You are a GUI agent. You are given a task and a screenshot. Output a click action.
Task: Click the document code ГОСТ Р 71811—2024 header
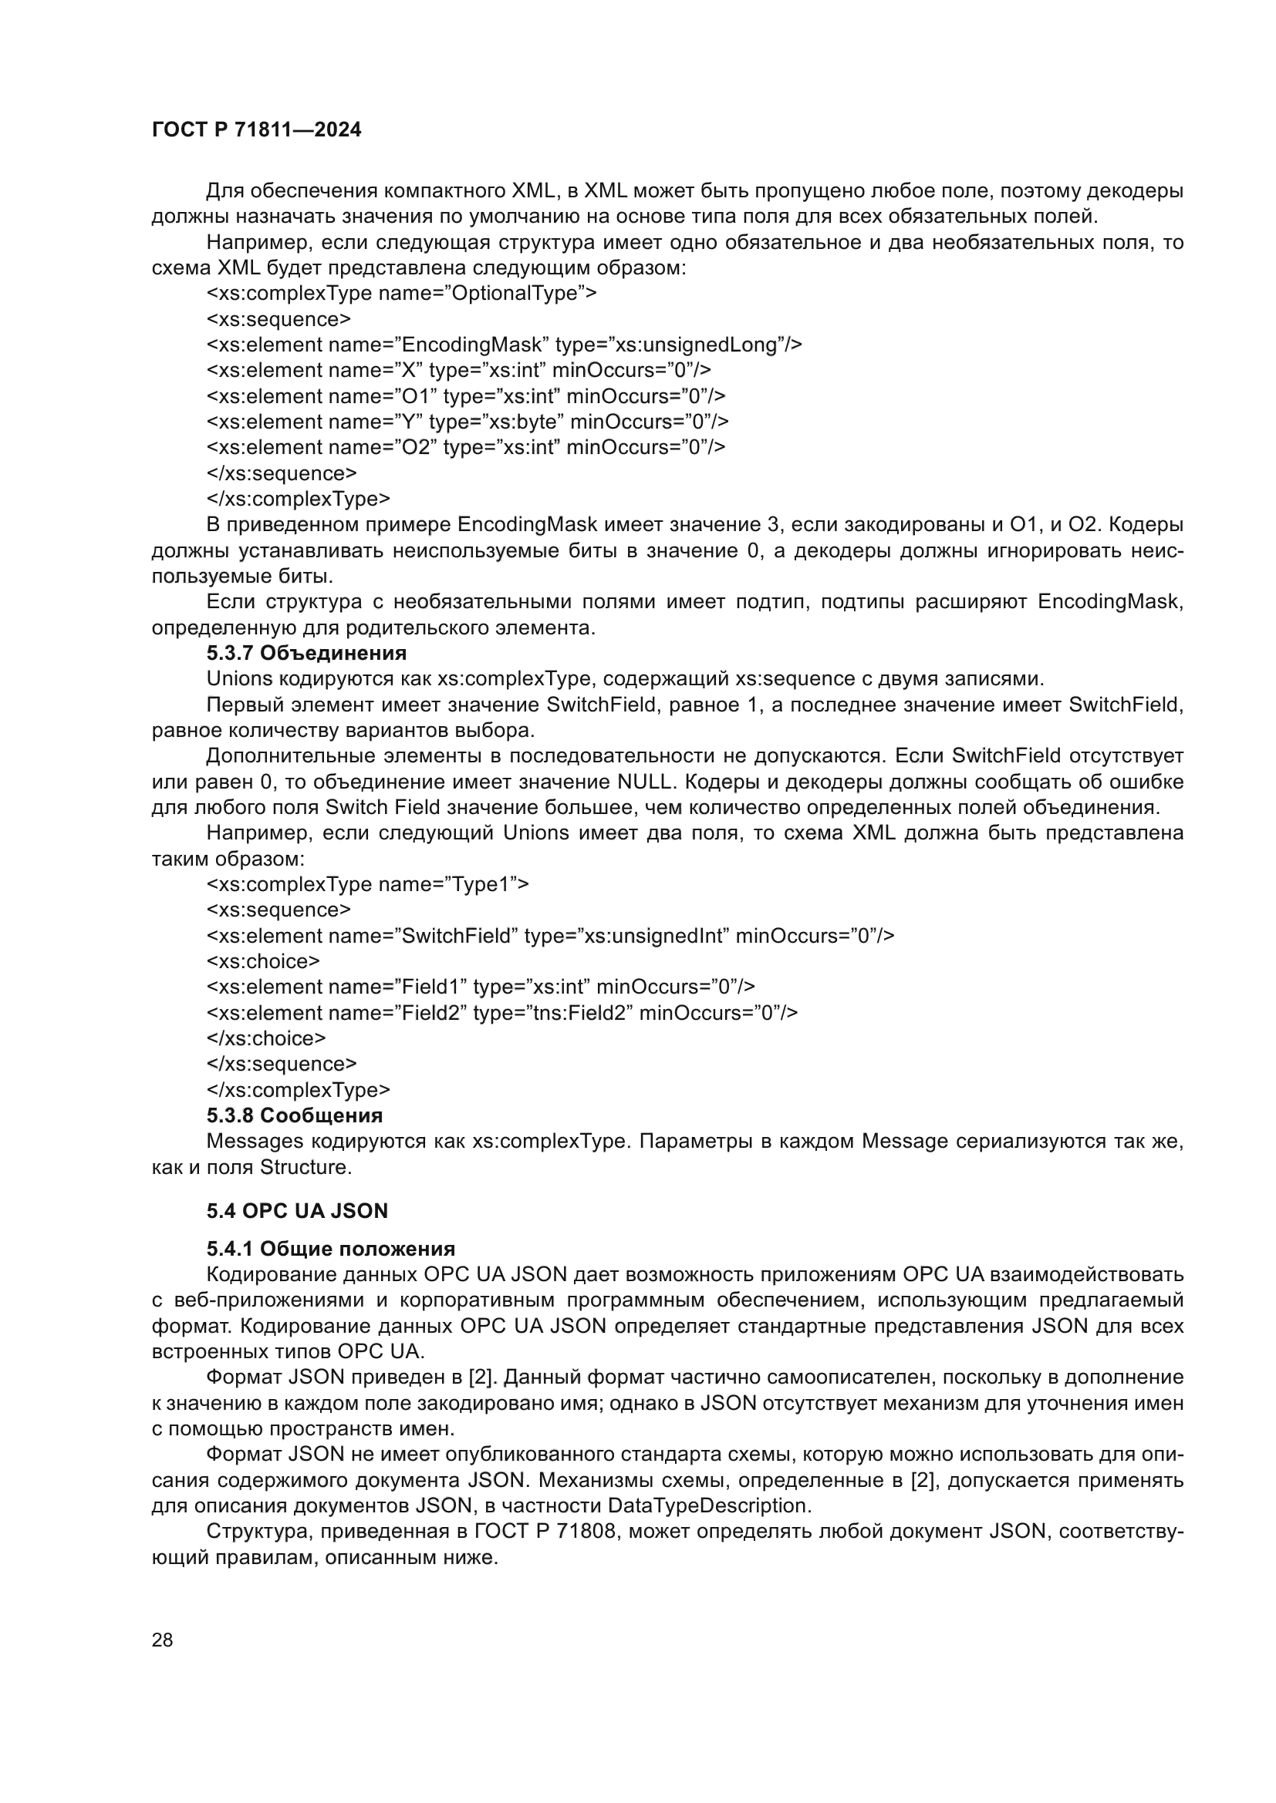[x=256, y=130]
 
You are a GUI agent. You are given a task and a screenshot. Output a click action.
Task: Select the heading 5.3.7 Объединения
[x=306, y=653]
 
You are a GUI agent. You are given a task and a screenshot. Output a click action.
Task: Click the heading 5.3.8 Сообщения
[x=295, y=1115]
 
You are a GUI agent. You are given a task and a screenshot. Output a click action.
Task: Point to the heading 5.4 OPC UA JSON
[x=297, y=1211]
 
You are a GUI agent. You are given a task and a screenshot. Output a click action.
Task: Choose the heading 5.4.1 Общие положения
[x=331, y=1250]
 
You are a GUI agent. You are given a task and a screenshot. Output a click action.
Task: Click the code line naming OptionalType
[x=401, y=294]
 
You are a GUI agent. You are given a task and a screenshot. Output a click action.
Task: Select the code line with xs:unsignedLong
[x=504, y=345]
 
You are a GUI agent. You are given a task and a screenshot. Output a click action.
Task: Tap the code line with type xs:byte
[x=468, y=422]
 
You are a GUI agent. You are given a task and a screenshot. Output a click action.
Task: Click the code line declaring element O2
[x=466, y=448]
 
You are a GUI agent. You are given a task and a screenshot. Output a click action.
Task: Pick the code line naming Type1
[x=368, y=884]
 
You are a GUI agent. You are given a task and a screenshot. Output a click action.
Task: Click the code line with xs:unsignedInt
[x=550, y=936]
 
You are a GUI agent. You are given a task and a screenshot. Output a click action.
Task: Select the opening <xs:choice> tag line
[x=263, y=961]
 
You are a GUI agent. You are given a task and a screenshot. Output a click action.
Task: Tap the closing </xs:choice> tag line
[x=265, y=1038]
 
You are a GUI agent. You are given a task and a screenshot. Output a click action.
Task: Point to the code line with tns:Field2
[x=502, y=1013]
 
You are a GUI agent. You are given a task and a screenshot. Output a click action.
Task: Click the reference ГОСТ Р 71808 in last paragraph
[x=545, y=1532]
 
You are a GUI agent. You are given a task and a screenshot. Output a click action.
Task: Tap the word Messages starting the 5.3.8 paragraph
[x=255, y=1141]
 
